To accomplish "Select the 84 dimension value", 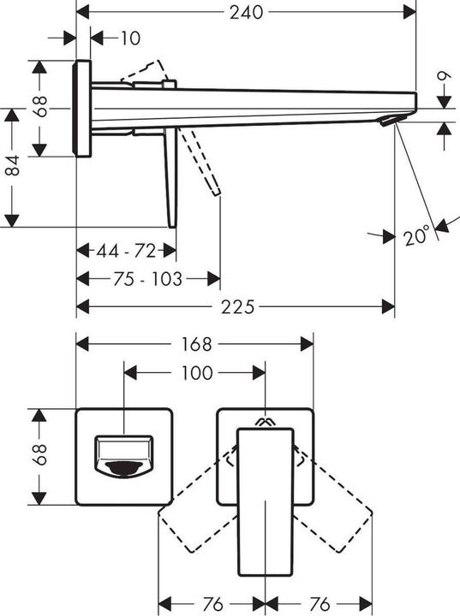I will pos(12,168).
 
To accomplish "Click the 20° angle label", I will pos(416,236).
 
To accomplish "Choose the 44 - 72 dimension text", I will pos(127,251).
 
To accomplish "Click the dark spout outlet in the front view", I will pos(124,467).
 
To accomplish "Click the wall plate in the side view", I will pos(83,109).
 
